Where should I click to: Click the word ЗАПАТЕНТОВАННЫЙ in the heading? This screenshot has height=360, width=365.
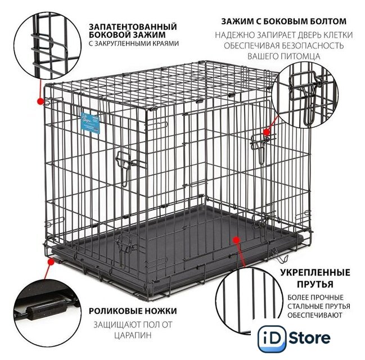133,26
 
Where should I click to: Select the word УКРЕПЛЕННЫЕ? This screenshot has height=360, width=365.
315,272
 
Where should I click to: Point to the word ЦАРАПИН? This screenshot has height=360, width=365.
133,335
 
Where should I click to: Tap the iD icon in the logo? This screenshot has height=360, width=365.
272,338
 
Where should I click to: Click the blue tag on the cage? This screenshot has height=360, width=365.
90,123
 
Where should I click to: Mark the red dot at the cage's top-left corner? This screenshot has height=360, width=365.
40,101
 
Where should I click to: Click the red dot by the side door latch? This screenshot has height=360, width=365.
267,132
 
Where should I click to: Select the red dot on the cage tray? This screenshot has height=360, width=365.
237,240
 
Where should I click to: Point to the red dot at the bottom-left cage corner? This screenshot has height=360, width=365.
51,262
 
